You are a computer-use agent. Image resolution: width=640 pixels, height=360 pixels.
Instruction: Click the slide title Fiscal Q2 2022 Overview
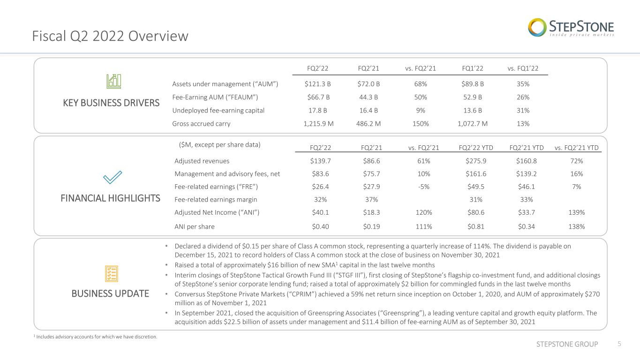110,36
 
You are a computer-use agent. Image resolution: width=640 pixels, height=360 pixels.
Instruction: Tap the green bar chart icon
114,82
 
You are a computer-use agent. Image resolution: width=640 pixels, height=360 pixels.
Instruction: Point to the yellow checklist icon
112,274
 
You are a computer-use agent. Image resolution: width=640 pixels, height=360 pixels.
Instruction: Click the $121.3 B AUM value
317,84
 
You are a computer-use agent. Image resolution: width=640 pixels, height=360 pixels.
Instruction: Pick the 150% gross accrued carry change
421,124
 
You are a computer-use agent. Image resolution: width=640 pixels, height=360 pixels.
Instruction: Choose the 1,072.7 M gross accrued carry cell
473,124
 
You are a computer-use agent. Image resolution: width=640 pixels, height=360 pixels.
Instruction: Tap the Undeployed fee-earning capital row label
218,111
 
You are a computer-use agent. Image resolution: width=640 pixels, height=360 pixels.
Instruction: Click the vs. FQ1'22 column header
523,68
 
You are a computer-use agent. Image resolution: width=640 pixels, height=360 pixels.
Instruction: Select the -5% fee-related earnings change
424,187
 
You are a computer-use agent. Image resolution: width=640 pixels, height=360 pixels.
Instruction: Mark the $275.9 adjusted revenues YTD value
476,161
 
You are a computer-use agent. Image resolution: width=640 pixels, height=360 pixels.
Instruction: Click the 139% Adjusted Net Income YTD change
577,212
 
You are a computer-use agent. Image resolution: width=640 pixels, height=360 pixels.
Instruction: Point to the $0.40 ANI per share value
320,227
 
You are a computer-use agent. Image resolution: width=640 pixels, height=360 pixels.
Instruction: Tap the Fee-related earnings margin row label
216,199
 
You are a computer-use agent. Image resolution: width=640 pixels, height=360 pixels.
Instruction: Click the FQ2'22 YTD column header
476,148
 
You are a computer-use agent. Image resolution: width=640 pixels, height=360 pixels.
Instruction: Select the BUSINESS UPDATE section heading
110,294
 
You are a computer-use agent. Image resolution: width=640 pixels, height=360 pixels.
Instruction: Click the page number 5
619,344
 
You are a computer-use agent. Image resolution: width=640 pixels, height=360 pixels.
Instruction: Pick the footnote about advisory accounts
96,337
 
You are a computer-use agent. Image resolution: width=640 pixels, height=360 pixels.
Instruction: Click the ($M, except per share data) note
220,145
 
